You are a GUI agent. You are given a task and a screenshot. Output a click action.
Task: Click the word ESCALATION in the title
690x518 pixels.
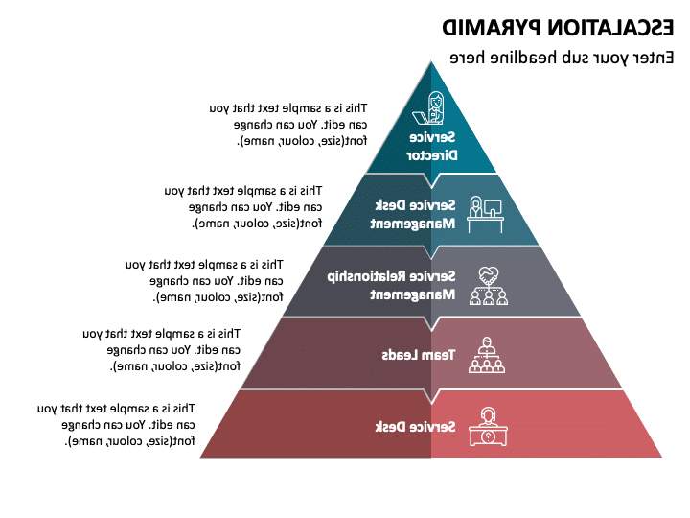593,26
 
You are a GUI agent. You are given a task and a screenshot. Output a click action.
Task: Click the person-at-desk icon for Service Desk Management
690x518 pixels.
483,214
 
